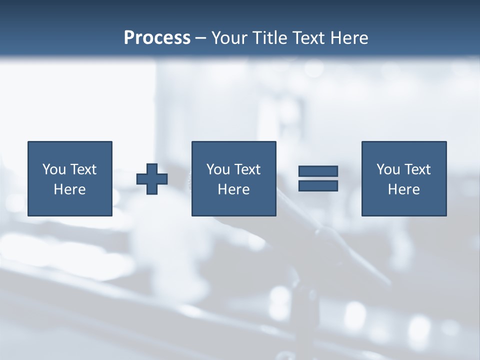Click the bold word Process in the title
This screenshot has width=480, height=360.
[x=157, y=38]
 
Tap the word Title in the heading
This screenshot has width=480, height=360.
[x=270, y=38]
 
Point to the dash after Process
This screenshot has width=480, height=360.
[x=201, y=38]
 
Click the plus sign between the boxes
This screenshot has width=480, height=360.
[x=152, y=179]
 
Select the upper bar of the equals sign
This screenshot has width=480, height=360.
[x=318, y=171]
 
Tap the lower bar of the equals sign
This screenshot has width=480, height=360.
[x=318, y=185]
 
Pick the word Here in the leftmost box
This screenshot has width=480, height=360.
[x=69, y=189]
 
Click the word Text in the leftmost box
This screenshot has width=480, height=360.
[x=83, y=169]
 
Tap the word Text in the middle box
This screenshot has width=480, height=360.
[x=247, y=169]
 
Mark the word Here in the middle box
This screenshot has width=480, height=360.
[x=233, y=189]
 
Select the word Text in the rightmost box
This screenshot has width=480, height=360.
[x=417, y=169]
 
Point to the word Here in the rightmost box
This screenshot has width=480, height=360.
[x=403, y=189]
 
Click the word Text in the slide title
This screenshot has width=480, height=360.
[x=306, y=38]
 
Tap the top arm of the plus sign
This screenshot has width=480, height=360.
[x=152, y=169]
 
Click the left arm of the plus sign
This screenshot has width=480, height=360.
[x=142, y=179]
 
